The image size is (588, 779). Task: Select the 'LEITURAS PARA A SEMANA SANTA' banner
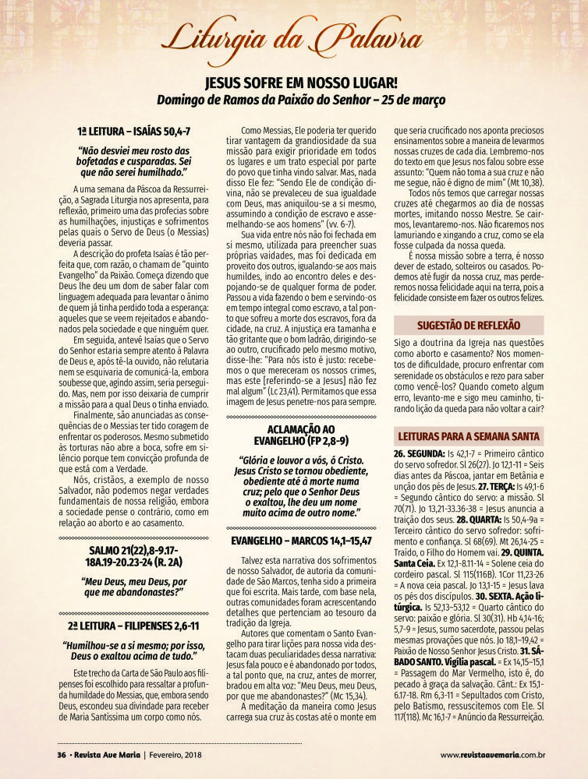(x=468, y=435)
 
